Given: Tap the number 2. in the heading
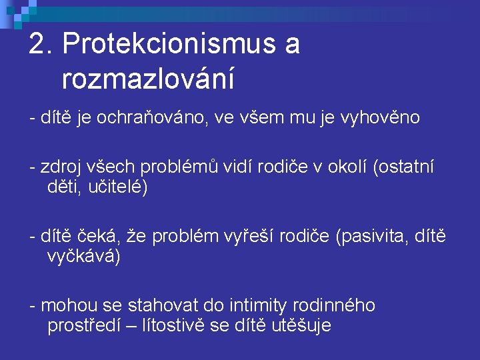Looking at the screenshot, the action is pos(41,43).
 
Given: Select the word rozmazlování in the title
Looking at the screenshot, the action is pos(148,78).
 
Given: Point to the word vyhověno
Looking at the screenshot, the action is pos(380,118).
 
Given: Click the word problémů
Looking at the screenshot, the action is pos(179,167).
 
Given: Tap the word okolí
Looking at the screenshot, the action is pos(347,167).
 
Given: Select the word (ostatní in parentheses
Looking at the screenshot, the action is pos(403,167).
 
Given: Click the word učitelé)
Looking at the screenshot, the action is pos(118,187).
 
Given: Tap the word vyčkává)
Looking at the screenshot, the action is pos(83,256).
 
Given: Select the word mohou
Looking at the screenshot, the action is pos(69,305).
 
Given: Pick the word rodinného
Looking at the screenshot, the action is pos(334,305).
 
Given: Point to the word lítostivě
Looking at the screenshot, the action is pos(173,325).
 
